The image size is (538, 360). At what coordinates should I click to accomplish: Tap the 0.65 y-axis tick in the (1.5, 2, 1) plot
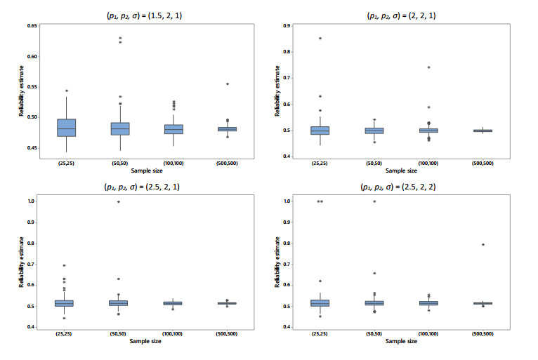coord(32,25)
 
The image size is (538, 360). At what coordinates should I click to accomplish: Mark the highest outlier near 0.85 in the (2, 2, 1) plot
coord(320,38)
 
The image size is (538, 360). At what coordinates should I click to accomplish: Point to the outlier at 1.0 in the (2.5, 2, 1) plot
coord(118,201)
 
